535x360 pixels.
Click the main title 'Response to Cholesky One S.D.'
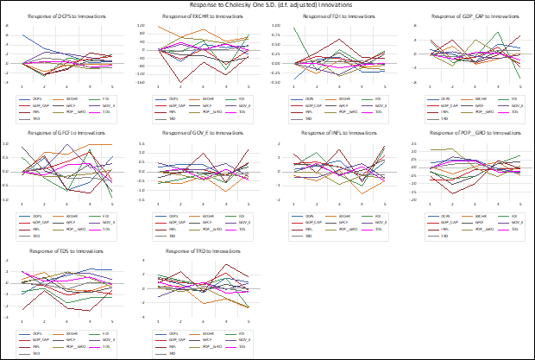pos(267,5)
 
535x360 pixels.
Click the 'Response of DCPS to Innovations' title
pos(63,17)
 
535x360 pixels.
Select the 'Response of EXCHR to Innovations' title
pos(197,17)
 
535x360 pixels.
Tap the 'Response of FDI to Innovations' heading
pos(330,17)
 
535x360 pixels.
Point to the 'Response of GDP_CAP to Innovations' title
pos(463,17)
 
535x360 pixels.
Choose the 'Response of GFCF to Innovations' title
pos(63,133)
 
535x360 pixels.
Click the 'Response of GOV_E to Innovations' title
pos(197,133)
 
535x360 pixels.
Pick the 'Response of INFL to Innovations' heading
pos(330,133)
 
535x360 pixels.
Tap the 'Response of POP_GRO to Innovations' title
pos(463,133)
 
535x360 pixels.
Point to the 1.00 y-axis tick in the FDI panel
pos(277,26)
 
